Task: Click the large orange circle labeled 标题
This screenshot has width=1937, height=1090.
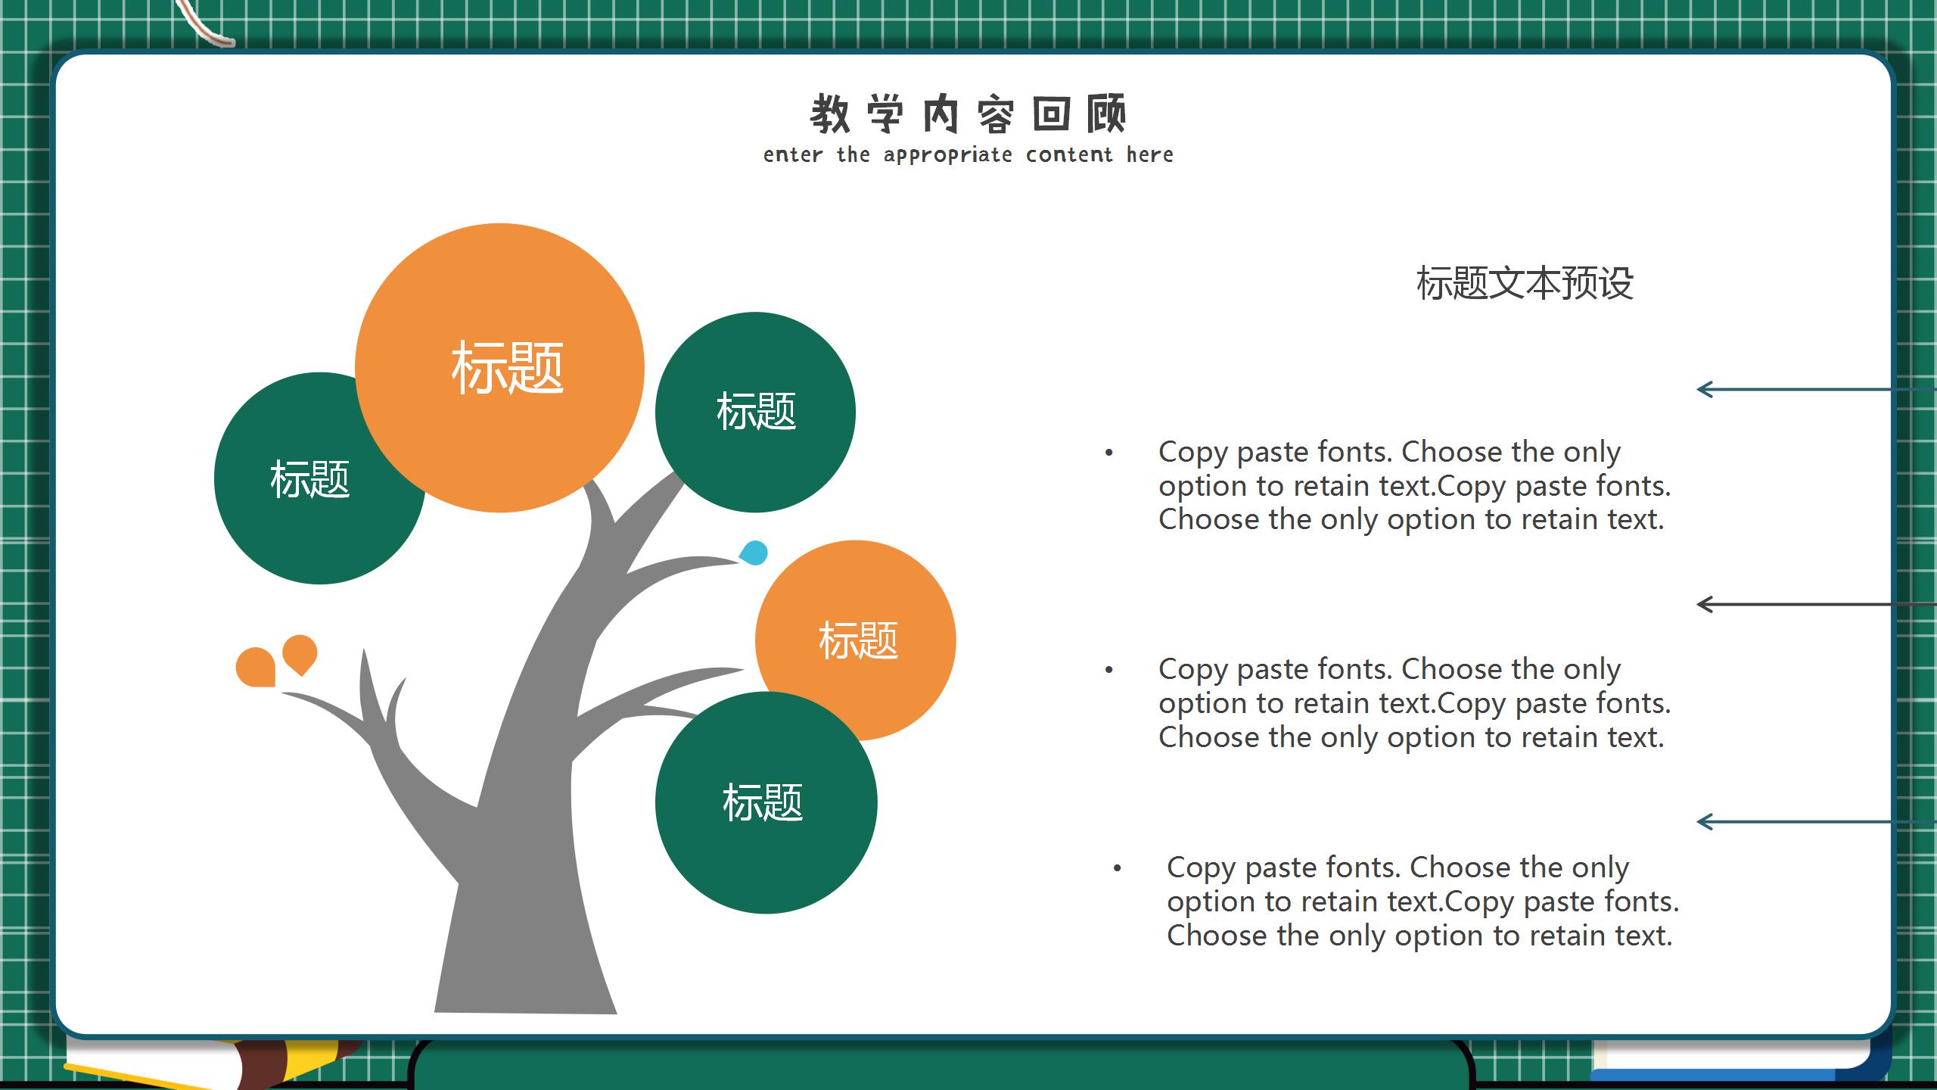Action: (499, 368)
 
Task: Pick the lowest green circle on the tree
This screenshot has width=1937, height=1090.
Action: (766, 802)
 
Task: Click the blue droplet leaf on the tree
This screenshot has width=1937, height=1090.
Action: (754, 553)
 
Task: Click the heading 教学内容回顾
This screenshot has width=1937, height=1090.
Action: (968, 114)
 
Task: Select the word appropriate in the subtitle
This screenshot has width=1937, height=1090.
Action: (947, 155)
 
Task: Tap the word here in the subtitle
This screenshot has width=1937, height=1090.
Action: (1150, 154)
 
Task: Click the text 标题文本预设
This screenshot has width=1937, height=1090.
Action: (1525, 284)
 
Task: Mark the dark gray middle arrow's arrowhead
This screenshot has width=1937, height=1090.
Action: (1705, 605)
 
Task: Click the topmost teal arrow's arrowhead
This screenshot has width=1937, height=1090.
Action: (1705, 390)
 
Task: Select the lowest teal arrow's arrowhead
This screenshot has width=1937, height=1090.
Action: (1705, 822)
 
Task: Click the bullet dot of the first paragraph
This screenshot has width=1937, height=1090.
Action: (1109, 453)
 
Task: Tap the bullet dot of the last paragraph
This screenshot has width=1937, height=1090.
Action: (1118, 868)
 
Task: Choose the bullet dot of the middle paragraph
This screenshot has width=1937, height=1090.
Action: (1109, 670)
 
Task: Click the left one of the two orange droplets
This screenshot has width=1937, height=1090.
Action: (256, 667)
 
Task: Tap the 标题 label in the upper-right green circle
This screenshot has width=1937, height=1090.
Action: (756, 412)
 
